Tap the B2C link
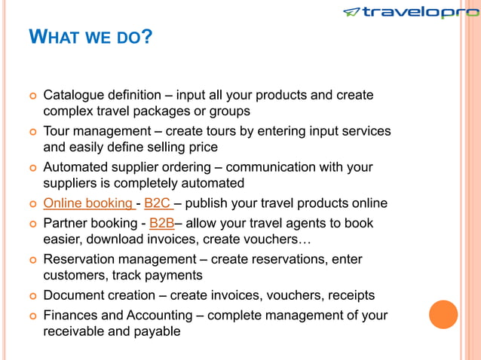coord(158,203)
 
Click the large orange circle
coord(443,314)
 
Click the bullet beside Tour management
coord(32,132)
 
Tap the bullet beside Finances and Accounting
coord(32,316)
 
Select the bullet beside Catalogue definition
coord(32,96)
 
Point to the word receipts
coord(349,295)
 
